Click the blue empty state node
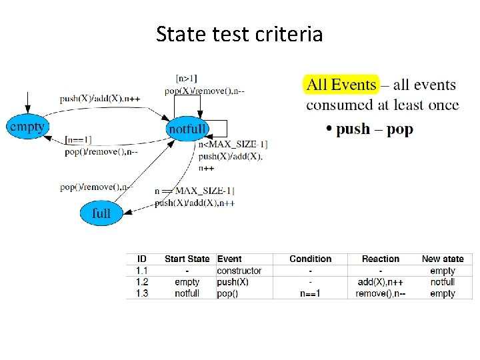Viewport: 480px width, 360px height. [26, 125]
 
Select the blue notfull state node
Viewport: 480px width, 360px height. [187, 129]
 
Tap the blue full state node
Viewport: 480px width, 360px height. [101, 213]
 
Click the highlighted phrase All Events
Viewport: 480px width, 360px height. [341, 85]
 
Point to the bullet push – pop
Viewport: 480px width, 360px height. [373, 129]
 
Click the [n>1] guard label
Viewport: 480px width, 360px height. [186, 79]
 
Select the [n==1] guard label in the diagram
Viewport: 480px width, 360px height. [79, 140]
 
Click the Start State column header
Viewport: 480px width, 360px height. [187, 259]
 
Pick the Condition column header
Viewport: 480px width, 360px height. [310, 259]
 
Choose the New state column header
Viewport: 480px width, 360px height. [443, 259]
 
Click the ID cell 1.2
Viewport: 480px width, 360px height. [142, 282]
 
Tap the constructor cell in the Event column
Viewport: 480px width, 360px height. [239, 271]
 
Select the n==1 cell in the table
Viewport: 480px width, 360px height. [310, 293]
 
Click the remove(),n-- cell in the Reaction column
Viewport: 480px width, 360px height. [380, 293]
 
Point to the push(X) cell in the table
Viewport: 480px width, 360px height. [233, 282]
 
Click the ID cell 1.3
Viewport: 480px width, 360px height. [142, 293]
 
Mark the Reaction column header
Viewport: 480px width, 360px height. [380, 259]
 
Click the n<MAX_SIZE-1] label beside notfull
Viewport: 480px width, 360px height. [233, 145]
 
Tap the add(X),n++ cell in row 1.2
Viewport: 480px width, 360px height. [380, 282]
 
